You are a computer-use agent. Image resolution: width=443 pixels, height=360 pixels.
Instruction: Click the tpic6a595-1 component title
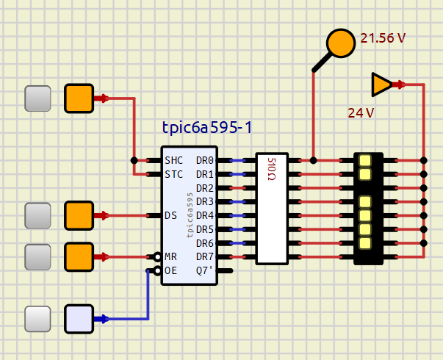[207, 127]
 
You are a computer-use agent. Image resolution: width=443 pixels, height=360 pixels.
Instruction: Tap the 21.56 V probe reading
[383, 38]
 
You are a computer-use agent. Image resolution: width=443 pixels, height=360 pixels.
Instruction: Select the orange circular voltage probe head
[341, 43]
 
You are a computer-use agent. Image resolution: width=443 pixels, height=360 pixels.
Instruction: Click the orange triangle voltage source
[381, 84]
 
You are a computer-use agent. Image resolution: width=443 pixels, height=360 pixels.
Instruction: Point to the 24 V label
[361, 113]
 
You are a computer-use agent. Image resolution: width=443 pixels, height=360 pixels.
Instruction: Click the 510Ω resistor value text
[271, 169]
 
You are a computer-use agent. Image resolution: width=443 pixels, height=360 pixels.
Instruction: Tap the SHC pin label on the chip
[174, 160]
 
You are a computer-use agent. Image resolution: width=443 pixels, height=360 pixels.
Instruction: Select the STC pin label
[174, 174]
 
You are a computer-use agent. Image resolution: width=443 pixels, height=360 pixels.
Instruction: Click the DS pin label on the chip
[171, 215]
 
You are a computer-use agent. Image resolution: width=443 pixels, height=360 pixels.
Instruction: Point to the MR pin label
[170, 257]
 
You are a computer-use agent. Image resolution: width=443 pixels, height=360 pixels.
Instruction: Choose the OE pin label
[170, 270]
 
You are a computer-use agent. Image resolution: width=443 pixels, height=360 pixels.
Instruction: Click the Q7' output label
[204, 270]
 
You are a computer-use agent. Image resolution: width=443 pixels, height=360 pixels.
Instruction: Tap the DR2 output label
[205, 188]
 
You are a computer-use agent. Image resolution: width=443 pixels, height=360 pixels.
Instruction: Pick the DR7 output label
[205, 257]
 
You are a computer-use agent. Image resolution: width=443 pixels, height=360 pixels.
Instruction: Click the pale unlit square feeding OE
[79, 319]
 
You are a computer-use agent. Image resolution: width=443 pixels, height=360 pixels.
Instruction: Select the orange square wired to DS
[79, 215]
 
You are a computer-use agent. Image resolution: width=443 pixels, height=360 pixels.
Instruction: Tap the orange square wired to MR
[79, 257]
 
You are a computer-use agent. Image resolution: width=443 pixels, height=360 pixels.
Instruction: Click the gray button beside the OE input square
[37, 319]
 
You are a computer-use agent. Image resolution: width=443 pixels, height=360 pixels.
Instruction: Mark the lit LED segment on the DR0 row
[365, 160]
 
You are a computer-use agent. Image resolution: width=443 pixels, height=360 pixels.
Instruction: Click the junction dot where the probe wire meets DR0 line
[313, 160]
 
